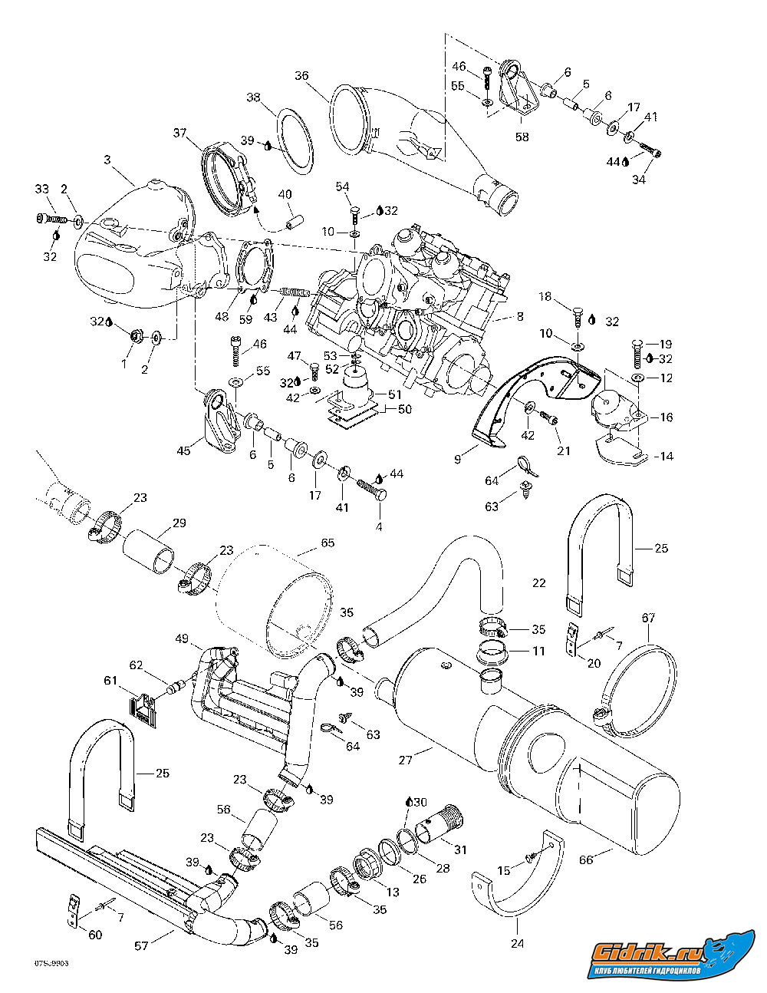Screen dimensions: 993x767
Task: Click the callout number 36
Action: click(x=301, y=76)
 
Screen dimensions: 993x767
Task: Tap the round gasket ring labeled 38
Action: click(x=295, y=141)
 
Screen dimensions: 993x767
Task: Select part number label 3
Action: click(x=107, y=160)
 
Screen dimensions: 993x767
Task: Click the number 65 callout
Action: click(x=328, y=543)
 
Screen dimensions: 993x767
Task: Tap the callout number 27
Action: click(x=406, y=760)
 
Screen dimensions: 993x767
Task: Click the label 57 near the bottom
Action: click(x=141, y=946)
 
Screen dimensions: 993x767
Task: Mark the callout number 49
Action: click(x=182, y=638)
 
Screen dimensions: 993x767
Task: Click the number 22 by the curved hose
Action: click(x=538, y=583)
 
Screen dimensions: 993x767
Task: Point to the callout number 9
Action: click(x=457, y=459)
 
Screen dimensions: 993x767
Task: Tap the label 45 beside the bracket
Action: click(x=183, y=450)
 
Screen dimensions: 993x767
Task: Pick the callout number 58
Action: click(x=522, y=137)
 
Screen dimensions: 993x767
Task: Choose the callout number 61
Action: click(x=111, y=681)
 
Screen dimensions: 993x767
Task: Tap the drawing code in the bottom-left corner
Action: click(x=51, y=962)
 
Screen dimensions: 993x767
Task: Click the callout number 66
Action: click(x=586, y=860)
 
